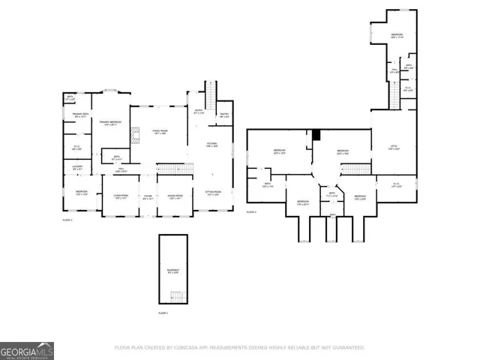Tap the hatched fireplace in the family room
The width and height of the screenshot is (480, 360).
tap(135, 136)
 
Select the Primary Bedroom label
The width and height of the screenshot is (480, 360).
tap(110, 123)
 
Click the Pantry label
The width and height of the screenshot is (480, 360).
tap(223, 115)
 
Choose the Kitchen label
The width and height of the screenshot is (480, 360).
tap(212, 144)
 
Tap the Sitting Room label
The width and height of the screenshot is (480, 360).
tap(212, 193)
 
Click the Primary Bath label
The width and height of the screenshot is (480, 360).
tap(81, 115)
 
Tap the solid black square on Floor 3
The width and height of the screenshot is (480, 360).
tap(316, 135)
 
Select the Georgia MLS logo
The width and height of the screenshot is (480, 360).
tap(26, 350)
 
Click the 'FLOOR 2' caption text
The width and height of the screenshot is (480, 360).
tap(67, 220)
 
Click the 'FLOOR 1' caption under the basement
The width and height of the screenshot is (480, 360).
tap(163, 312)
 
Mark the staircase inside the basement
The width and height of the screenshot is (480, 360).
tap(177, 294)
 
